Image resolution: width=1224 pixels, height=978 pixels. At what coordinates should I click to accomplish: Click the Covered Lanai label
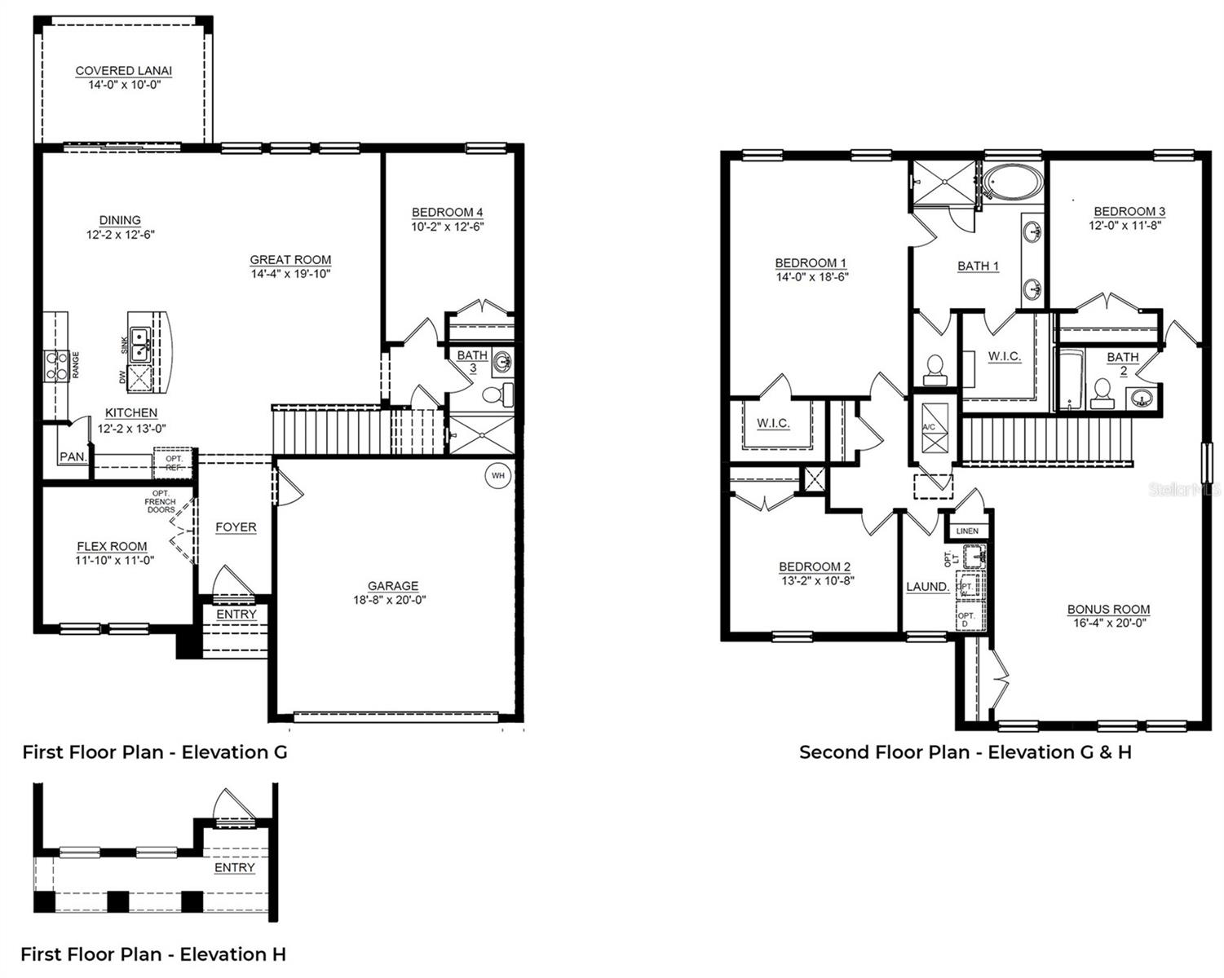123,71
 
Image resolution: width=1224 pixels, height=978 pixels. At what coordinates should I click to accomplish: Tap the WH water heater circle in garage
497,475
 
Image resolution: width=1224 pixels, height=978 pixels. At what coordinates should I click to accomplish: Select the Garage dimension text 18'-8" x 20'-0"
392,600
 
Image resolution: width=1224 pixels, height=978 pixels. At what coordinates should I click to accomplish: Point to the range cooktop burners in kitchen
56,365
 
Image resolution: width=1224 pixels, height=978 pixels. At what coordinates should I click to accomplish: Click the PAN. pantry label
73,457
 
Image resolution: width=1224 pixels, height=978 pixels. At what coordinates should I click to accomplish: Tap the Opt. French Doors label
161,501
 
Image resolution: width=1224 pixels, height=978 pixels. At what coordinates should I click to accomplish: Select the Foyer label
236,527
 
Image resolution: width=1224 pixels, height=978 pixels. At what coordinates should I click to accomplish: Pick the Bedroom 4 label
447,213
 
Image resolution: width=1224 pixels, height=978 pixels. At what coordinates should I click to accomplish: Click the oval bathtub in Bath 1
1011,183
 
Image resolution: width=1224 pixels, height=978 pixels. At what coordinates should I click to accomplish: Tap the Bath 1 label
978,266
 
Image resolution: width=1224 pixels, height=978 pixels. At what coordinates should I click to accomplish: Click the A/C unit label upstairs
929,427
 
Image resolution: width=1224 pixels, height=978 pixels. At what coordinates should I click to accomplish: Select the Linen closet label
967,531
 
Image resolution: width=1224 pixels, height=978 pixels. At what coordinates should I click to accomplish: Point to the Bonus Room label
1108,609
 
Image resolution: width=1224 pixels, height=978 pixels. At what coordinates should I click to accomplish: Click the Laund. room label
927,587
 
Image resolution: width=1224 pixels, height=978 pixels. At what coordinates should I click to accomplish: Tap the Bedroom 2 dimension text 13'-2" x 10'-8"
816,581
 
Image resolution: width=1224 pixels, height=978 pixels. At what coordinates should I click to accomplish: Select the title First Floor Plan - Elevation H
153,954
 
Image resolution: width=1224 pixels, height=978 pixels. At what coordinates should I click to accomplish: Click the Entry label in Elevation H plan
235,868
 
